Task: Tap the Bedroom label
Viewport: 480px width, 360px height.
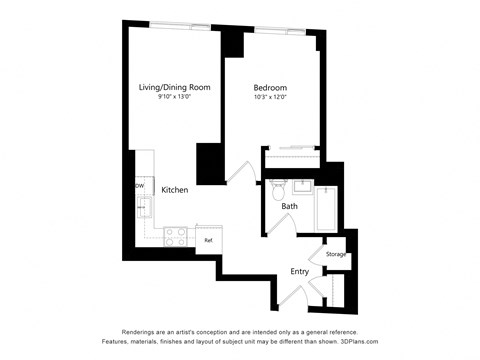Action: pos(270,88)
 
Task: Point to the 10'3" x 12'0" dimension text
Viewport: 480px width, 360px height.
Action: pos(270,98)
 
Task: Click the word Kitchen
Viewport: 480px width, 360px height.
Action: pos(176,190)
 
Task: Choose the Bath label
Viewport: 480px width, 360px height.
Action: pos(289,207)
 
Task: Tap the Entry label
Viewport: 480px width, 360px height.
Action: pos(300,270)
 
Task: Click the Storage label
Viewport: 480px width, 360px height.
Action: pos(336,254)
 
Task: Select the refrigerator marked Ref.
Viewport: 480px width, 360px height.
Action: pos(208,240)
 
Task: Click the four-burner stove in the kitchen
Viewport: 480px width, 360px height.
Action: pos(176,237)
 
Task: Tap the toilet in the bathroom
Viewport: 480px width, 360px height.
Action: pos(279,189)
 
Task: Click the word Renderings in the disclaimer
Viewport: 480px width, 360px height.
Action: pos(143,331)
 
